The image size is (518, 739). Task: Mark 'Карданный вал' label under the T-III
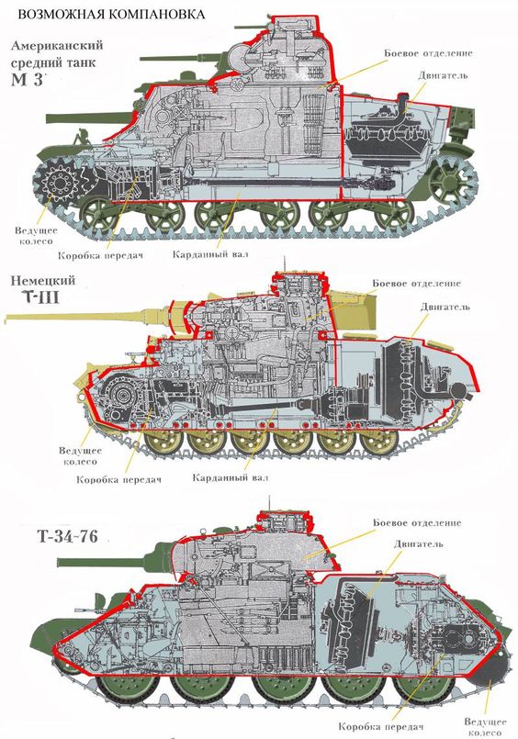(231, 477)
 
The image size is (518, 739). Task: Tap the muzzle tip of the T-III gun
(7, 318)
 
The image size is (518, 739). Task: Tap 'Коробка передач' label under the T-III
(118, 479)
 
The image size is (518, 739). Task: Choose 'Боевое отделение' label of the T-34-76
(416, 522)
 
